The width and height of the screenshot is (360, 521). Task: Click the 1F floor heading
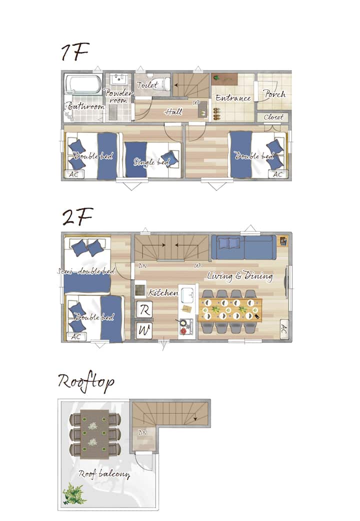click(x=75, y=52)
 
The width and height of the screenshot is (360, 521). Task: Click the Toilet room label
click(x=147, y=84)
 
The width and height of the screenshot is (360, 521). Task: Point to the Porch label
click(x=274, y=94)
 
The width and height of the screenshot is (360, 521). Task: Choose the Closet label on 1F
click(x=273, y=117)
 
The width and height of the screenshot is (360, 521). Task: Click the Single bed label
click(x=151, y=161)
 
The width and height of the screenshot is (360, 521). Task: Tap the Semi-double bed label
click(x=86, y=271)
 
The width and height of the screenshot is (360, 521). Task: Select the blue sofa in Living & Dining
click(x=244, y=247)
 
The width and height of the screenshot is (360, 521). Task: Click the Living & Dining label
click(x=240, y=276)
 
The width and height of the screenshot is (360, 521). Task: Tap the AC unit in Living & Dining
click(x=283, y=329)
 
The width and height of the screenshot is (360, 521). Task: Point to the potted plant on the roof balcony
click(x=74, y=493)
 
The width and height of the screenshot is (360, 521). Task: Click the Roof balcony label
click(x=104, y=474)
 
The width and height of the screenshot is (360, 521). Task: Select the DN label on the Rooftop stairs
click(x=142, y=432)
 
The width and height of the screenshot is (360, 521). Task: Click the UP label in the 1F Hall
click(x=196, y=103)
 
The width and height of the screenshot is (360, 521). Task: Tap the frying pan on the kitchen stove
click(x=183, y=322)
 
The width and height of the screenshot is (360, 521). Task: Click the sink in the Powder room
click(x=118, y=79)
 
